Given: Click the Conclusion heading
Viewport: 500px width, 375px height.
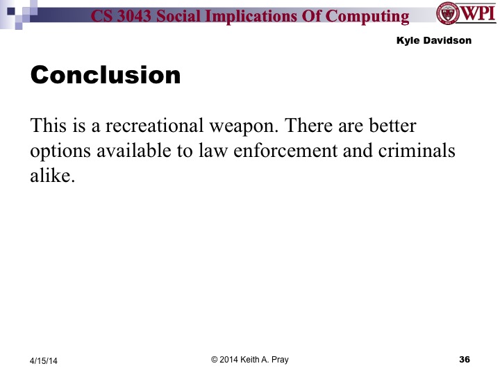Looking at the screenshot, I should coord(106,74).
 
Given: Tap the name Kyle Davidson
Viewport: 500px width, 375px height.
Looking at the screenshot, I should coord(433,40).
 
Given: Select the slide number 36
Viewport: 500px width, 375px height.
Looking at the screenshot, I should coord(465,359).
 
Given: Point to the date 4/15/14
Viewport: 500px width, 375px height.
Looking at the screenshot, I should coord(43,360).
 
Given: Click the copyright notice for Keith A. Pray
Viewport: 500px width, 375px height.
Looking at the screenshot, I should coord(249,359).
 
